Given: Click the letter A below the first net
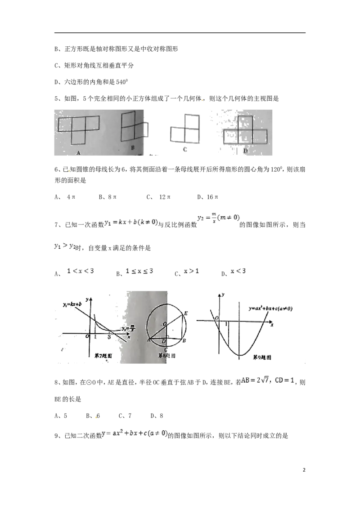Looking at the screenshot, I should (78, 153).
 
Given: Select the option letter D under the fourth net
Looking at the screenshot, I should (246, 151).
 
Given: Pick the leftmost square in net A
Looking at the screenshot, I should (65, 124).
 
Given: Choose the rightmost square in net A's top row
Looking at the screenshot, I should (92, 124).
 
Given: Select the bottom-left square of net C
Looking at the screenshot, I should (177, 135).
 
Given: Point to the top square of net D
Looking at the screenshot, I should (245, 122).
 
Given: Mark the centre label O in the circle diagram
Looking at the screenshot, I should (165, 323).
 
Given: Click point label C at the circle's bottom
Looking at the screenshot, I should (167, 350).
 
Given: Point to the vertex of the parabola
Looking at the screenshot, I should (241, 355).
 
